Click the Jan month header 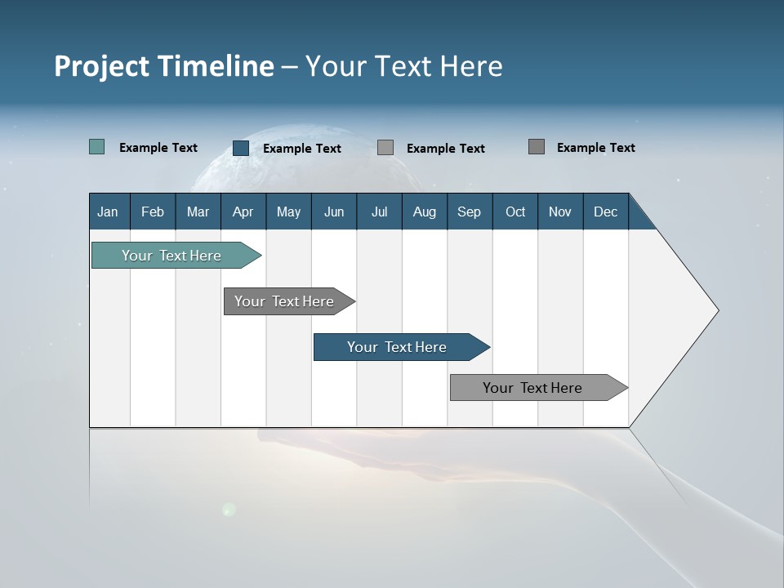click(x=108, y=212)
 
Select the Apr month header click(x=243, y=212)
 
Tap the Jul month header click(x=379, y=212)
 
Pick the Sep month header click(x=469, y=212)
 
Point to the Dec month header click(x=605, y=212)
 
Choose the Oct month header click(x=515, y=212)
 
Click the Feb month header click(x=153, y=212)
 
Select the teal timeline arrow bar click(x=171, y=256)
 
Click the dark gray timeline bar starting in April click(x=284, y=301)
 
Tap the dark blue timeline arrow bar click(x=397, y=347)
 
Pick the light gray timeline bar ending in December click(x=532, y=388)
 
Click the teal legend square click(x=96, y=147)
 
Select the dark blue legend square click(x=240, y=148)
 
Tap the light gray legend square click(x=385, y=147)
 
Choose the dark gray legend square click(x=536, y=146)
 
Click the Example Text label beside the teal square click(x=158, y=148)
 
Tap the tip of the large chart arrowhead click(x=717, y=310)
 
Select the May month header click(x=288, y=212)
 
